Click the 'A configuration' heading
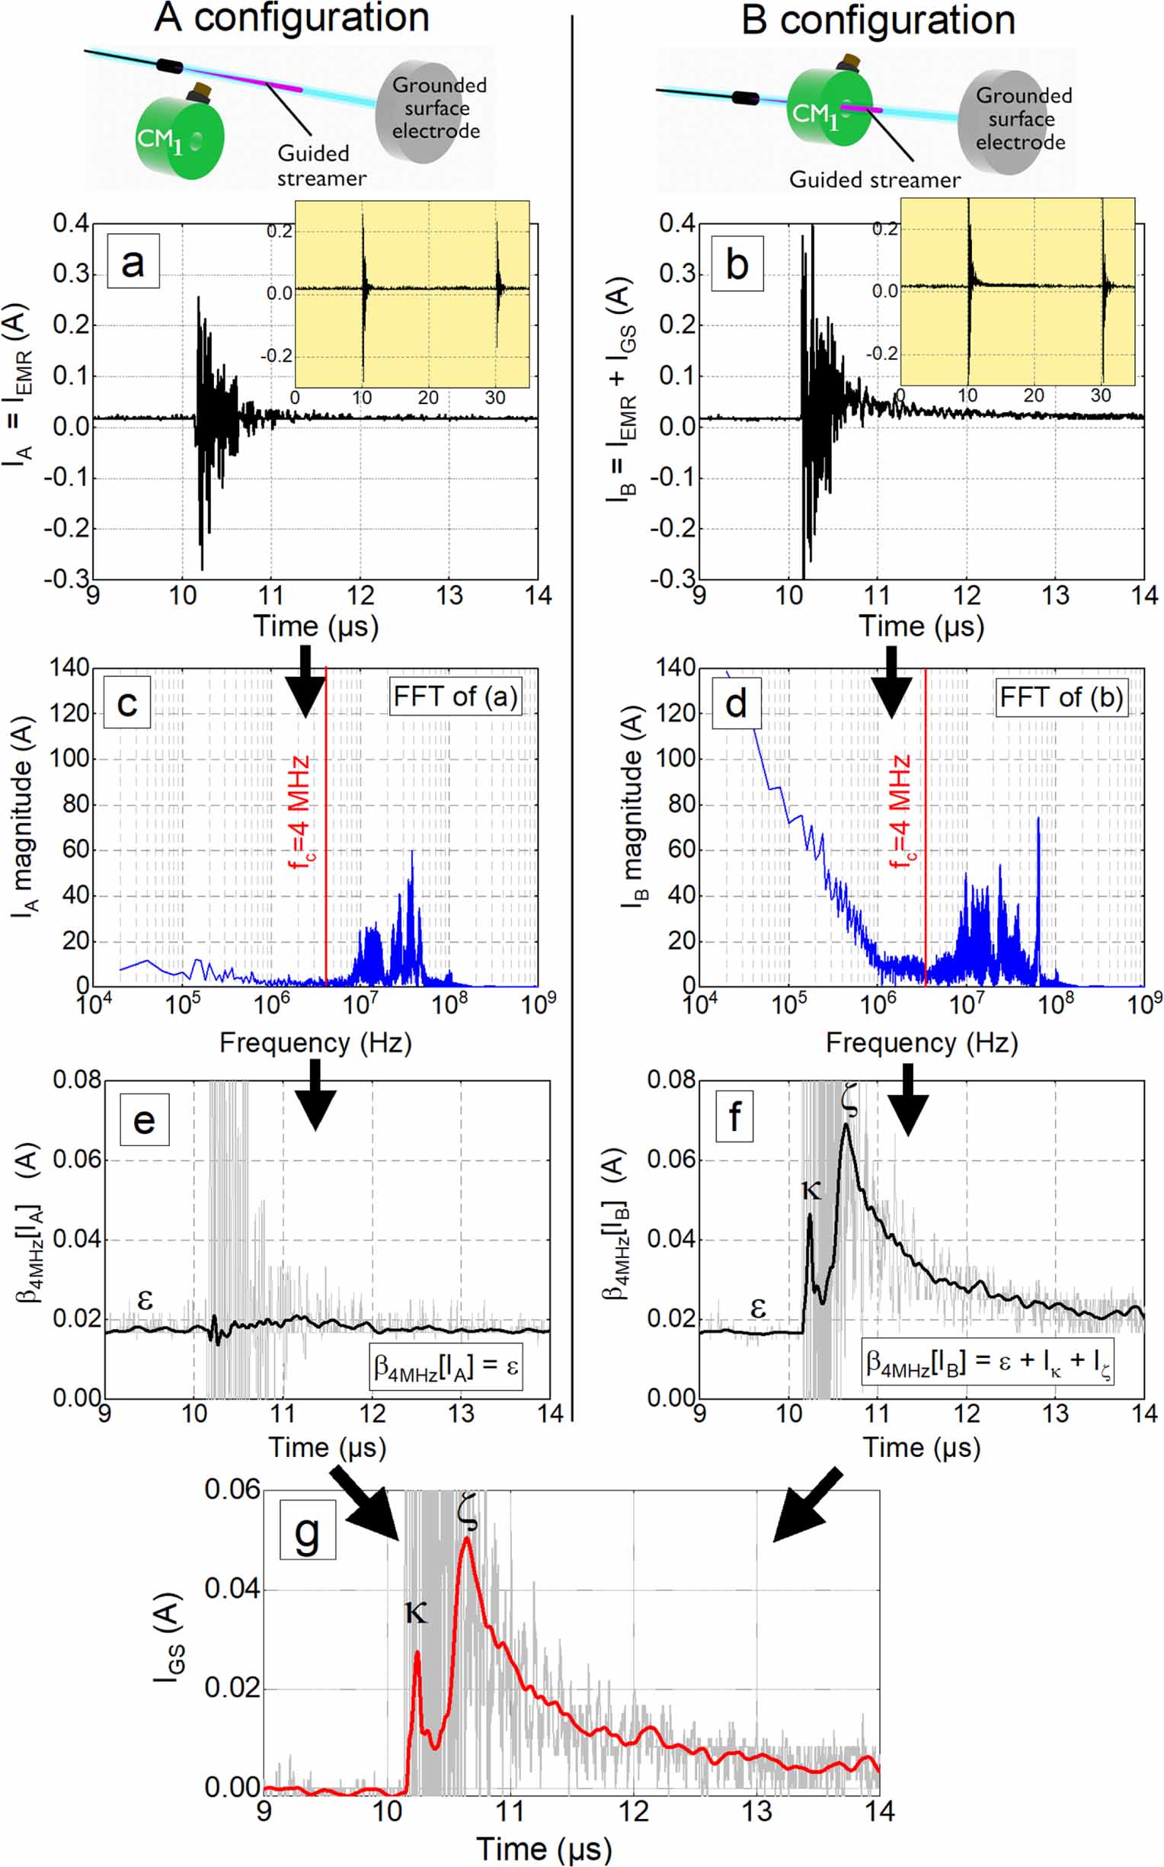click(x=292, y=18)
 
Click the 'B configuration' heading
click(x=878, y=20)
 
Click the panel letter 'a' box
click(x=133, y=263)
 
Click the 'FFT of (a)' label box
click(x=455, y=697)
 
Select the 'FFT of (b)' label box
click(x=1061, y=697)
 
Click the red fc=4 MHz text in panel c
click(x=300, y=812)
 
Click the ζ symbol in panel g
click(x=466, y=1510)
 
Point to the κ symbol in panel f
click(x=811, y=1190)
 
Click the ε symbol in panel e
click(x=145, y=1300)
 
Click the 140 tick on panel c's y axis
click(x=69, y=668)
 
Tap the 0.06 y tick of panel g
click(x=232, y=1490)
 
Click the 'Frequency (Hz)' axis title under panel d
click(x=922, y=1042)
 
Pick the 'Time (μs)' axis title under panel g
click(x=543, y=1849)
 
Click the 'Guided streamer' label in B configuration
click(x=875, y=180)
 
